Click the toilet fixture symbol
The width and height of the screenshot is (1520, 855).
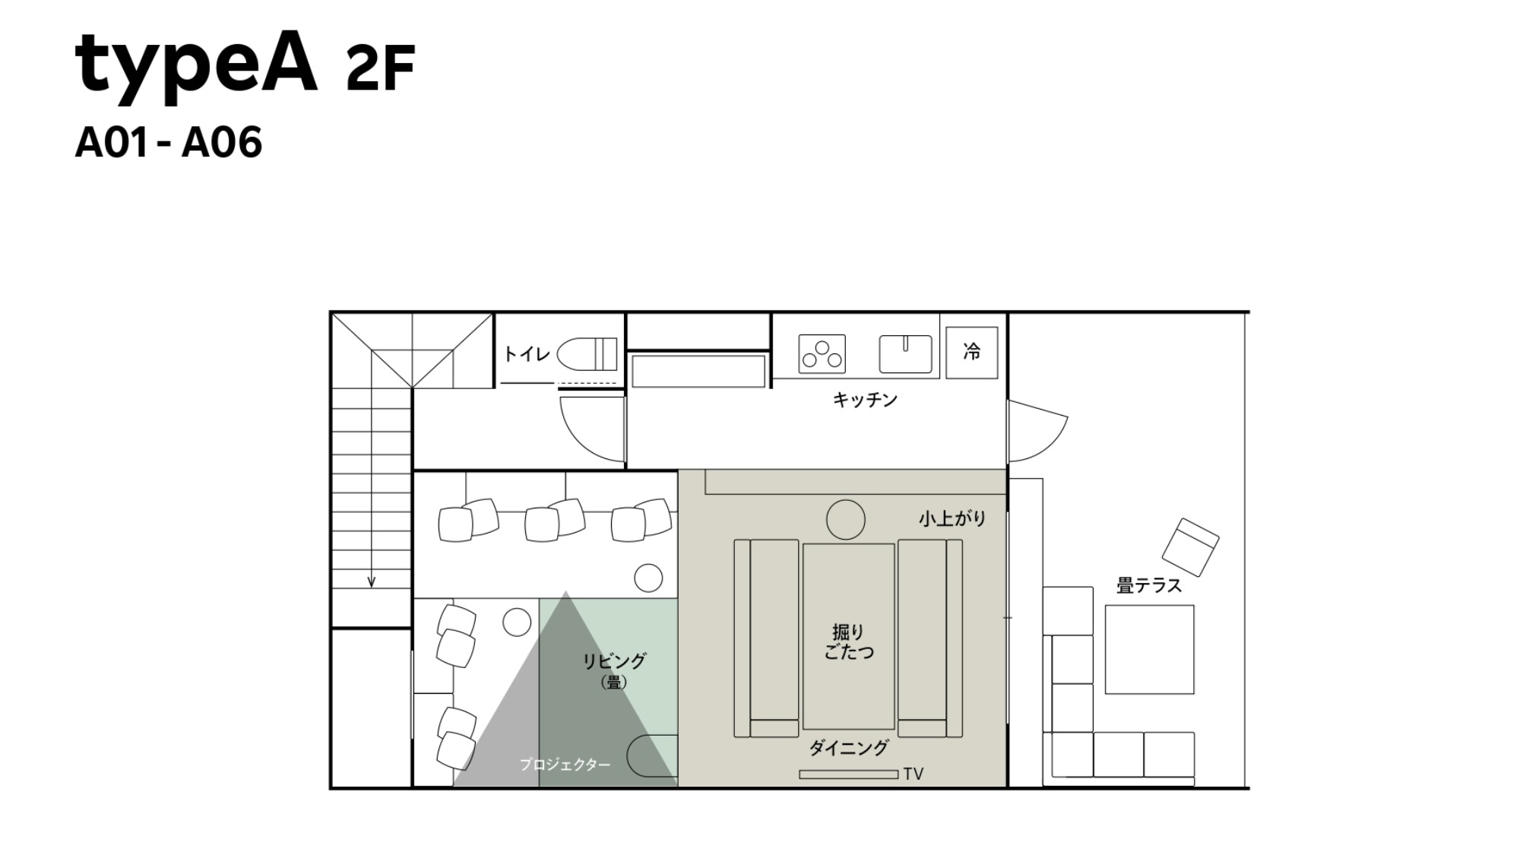pyautogui.click(x=587, y=354)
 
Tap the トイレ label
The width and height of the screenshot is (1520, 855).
pyautogui.click(x=527, y=354)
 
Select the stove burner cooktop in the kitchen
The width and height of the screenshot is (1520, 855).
pyautogui.click(x=822, y=354)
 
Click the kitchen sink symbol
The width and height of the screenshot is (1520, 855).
pyautogui.click(x=905, y=354)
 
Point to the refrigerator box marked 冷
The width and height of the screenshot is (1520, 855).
pyautogui.click(x=971, y=352)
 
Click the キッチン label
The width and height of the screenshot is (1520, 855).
pyautogui.click(x=865, y=400)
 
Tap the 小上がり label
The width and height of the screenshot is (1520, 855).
pyautogui.click(x=952, y=519)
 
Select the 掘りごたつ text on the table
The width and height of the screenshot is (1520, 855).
pyautogui.click(x=848, y=642)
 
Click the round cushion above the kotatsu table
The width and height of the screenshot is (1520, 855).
pyautogui.click(x=846, y=520)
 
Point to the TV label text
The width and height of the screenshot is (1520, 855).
pyautogui.click(x=914, y=774)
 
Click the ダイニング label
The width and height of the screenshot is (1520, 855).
pyautogui.click(x=848, y=749)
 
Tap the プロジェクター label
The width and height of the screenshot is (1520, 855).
pyautogui.click(x=565, y=765)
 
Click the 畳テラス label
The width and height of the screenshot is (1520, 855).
pyautogui.click(x=1148, y=586)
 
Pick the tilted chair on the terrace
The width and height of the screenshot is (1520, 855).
pyautogui.click(x=1190, y=546)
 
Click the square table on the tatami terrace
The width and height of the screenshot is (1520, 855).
pyautogui.click(x=1149, y=650)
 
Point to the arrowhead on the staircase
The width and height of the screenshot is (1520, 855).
pyautogui.click(x=372, y=582)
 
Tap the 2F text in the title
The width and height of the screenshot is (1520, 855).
pyautogui.click(x=380, y=68)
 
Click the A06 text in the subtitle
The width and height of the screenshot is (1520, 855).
pyautogui.click(x=222, y=143)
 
